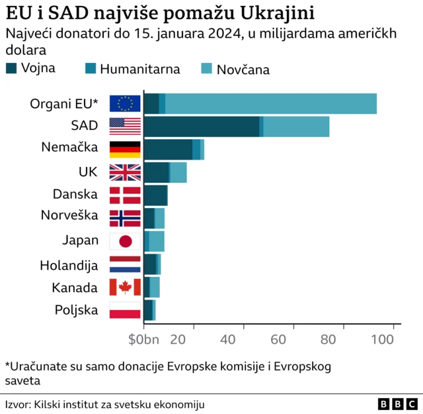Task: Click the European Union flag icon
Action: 125,103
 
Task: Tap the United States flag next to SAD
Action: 125,126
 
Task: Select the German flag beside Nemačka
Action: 125,148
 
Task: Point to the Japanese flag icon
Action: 125,241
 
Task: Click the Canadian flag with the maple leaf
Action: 125,287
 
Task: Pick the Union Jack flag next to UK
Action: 125,172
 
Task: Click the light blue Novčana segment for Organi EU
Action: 271,104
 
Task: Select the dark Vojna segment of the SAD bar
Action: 201,127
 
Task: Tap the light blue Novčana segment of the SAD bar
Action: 296,127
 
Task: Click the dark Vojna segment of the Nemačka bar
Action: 167,149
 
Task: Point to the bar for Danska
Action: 155,195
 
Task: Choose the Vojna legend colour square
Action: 11,68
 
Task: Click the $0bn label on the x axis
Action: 143,339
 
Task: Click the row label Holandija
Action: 69,265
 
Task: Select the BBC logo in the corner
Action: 397,403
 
